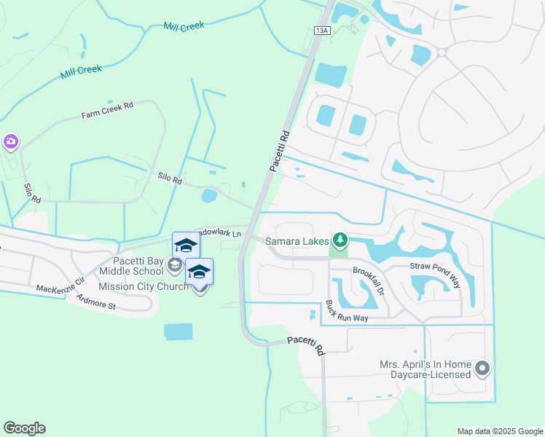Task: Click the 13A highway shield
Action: pyautogui.click(x=324, y=30)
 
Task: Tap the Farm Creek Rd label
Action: pyautogui.click(x=108, y=110)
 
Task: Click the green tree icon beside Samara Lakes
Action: pyautogui.click(x=340, y=240)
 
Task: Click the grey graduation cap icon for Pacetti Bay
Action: pyautogui.click(x=174, y=266)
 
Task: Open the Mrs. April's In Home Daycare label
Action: pyautogui.click(x=426, y=369)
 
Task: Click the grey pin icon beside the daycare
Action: pyautogui.click(x=482, y=369)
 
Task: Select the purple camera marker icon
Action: pyautogui.click(x=10, y=141)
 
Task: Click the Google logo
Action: pyautogui.click(x=24, y=428)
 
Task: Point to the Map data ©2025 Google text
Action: pyautogui.click(x=499, y=431)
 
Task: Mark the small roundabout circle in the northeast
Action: pyautogui.click(x=442, y=52)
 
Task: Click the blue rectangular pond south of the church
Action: pyautogui.click(x=179, y=332)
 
